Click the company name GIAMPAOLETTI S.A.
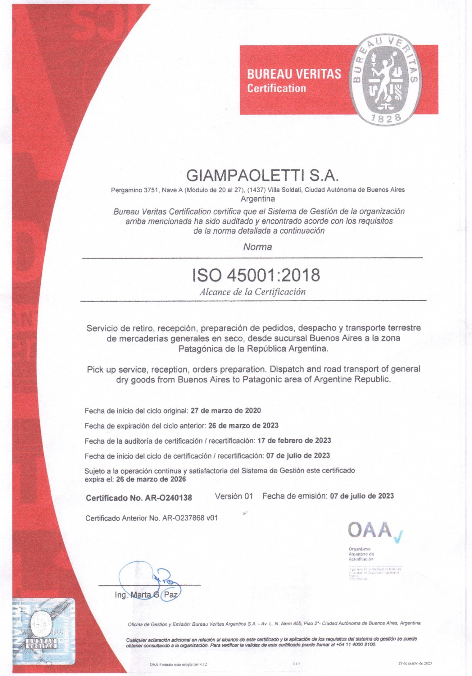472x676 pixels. [x=263, y=175]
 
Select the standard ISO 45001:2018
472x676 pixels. [x=256, y=275]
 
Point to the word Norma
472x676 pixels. [x=258, y=247]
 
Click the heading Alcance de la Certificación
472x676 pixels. [x=252, y=292]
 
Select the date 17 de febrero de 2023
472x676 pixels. [x=294, y=441]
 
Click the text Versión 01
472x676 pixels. [x=233, y=496]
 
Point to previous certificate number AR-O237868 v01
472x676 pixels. [x=190, y=518]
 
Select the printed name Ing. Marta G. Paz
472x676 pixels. [x=146, y=595]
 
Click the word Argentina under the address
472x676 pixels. [x=258, y=199]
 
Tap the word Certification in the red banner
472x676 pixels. [x=277, y=89]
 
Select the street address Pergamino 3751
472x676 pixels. [x=134, y=190]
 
